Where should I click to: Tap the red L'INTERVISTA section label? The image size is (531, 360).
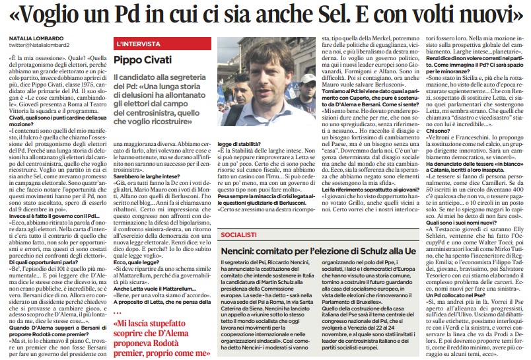[138, 44]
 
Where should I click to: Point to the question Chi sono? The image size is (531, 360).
[437, 150]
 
